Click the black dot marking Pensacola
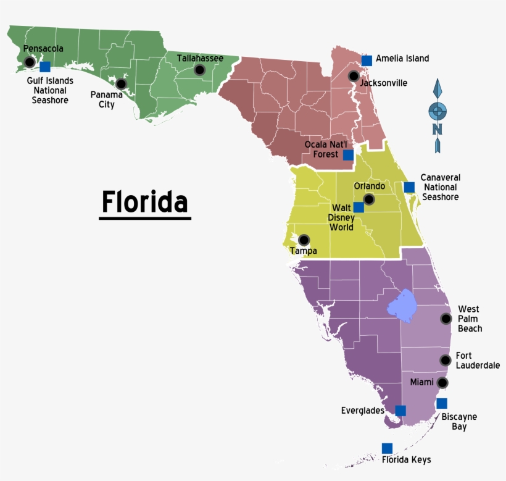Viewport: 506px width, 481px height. pos(29,62)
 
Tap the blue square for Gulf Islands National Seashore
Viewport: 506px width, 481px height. pos(45,67)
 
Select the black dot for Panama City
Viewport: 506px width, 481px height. pos(121,83)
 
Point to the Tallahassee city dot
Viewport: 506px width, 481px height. pos(199,70)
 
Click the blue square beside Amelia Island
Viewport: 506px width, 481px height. pos(367,60)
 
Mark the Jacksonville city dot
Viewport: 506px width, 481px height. pos(353,76)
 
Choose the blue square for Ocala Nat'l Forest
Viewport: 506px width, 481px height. pos(349,154)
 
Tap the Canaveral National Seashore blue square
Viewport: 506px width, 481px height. pos(409,187)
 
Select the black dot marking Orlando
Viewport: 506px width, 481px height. pos(368,199)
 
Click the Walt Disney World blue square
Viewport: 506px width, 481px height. pos(359,207)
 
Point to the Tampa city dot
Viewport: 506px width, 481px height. pos(304,240)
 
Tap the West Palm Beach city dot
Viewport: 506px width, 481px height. pos(446,319)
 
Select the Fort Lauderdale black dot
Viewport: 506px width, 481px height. pos(445,360)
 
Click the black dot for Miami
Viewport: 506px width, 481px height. pos(442,383)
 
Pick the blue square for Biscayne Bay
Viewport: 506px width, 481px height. pos(442,403)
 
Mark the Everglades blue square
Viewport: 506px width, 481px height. pos(400,410)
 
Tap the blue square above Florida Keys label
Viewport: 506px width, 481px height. pos(387,448)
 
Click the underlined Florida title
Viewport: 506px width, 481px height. pos(144,202)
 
